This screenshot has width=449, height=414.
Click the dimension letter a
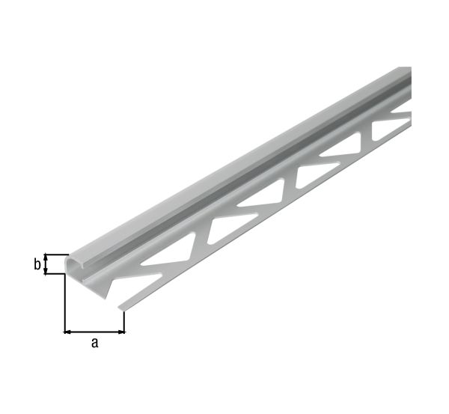coord(94,343)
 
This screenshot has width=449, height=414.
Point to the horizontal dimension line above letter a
coord(94,330)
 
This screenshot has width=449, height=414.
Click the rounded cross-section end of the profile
coord(75,265)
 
